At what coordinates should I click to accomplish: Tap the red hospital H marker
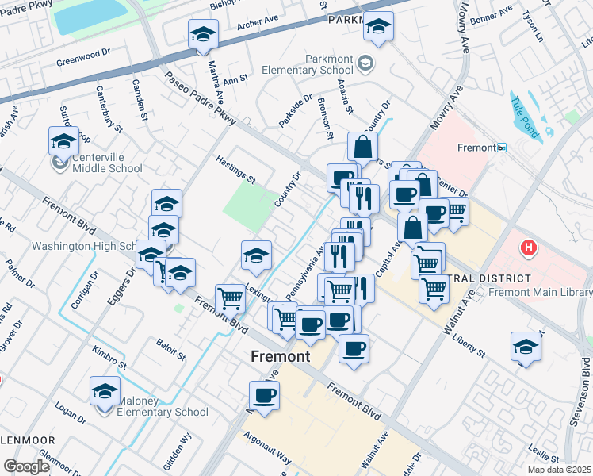point(528,248)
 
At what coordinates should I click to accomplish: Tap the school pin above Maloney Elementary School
point(105,392)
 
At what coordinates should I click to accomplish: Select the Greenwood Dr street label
point(82,60)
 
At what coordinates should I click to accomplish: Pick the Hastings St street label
point(235,169)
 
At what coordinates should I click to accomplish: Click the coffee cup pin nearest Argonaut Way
point(265,396)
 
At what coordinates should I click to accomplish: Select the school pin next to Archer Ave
point(203,36)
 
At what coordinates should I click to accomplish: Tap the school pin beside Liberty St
point(524,347)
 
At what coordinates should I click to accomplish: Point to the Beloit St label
point(170,350)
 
